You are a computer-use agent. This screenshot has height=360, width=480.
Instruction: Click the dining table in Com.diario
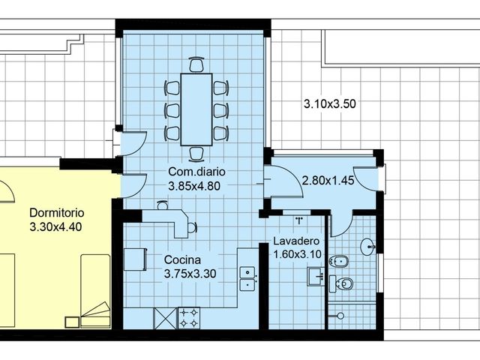pos(196,108)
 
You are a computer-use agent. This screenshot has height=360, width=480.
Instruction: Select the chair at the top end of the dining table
pos(196,64)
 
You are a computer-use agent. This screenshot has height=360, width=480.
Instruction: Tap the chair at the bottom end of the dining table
pos(196,154)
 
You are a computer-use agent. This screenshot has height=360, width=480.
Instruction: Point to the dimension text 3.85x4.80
pos(193,187)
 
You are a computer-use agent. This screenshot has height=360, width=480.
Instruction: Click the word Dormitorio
pos(55,211)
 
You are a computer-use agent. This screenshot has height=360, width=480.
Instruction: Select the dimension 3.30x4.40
pos(55,225)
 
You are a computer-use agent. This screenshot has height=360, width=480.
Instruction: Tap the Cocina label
pos(181,259)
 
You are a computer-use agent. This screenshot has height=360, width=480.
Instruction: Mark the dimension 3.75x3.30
pos(190,274)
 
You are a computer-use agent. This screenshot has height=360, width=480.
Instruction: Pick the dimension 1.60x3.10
pos(298,254)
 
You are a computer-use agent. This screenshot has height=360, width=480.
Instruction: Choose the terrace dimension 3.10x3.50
pos(329,103)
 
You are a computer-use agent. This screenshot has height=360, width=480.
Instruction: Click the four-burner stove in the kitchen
pos(189,318)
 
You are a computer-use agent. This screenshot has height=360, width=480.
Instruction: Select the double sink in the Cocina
pos(247,278)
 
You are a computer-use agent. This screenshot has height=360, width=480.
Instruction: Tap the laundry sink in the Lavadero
pos(315,277)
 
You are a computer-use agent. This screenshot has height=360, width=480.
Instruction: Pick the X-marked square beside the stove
pos(164,319)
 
